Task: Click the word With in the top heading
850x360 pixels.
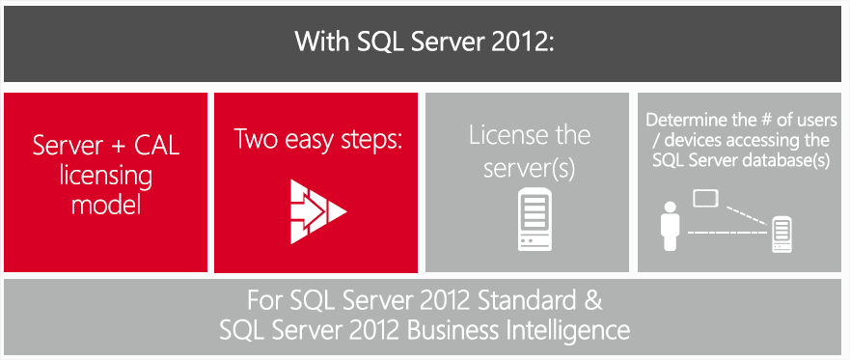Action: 318,42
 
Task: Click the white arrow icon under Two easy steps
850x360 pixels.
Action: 316,207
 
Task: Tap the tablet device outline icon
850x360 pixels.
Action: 707,200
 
